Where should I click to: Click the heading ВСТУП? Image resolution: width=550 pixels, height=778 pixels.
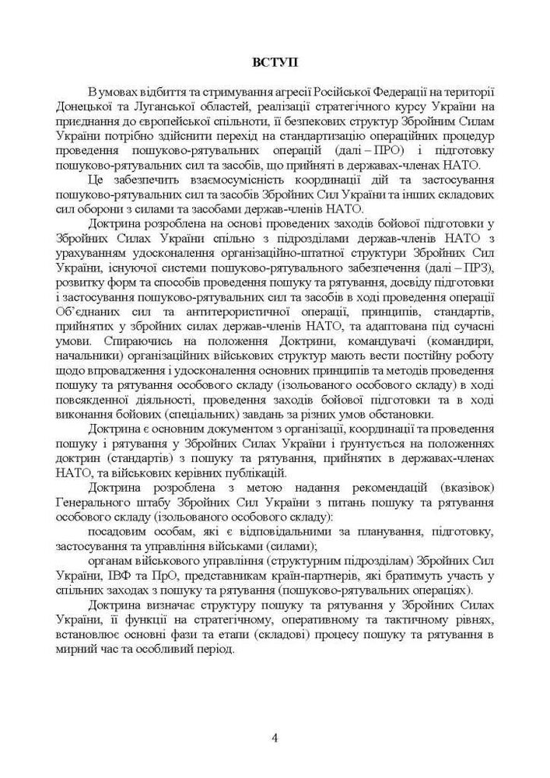275,61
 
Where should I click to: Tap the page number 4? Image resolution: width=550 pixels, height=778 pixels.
275,738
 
